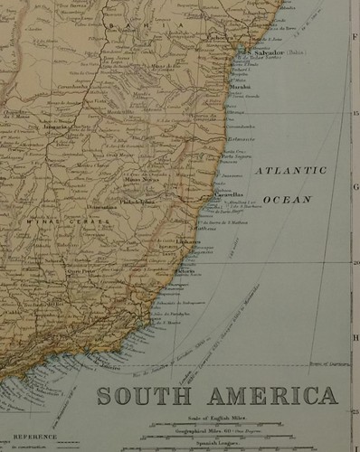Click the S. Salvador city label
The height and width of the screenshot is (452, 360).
coord(262,53)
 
